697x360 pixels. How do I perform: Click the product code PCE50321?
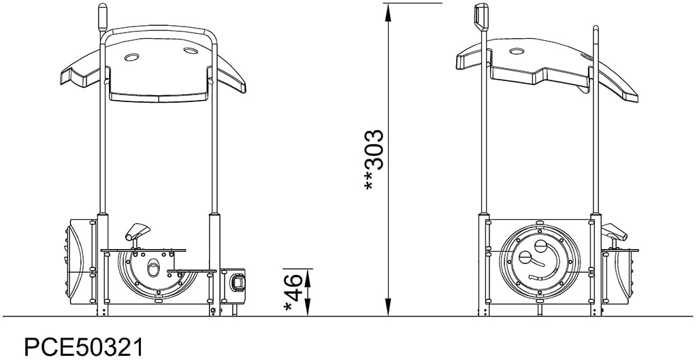point(84,346)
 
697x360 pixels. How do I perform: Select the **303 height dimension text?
point(375,160)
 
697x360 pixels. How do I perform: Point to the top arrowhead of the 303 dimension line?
point(388,8)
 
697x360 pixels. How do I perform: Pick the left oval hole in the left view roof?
point(131,57)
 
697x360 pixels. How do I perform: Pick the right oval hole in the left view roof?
point(190,50)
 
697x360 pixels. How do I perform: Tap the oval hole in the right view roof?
point(517,52)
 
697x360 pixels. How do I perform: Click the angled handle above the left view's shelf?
point(139,230)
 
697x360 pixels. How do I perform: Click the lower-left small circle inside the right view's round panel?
point(525,258)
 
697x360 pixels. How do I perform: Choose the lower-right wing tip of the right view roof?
point(629,93)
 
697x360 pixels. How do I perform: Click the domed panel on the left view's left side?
point(80,261)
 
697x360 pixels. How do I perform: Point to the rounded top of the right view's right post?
point(596,29)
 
